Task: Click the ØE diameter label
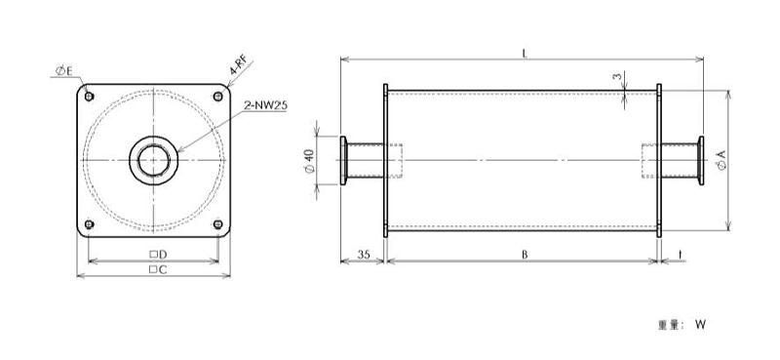click(63, 71)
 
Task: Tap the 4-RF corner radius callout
click(238, 64)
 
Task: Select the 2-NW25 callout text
click(265, 105)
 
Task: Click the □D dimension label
click(158, 255)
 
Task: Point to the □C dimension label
click(158, 270)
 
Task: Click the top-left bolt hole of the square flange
click(89, 97)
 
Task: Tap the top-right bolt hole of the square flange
click(217, 97)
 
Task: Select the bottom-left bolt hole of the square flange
click(89, 224)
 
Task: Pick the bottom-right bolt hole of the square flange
click(217, 224)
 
